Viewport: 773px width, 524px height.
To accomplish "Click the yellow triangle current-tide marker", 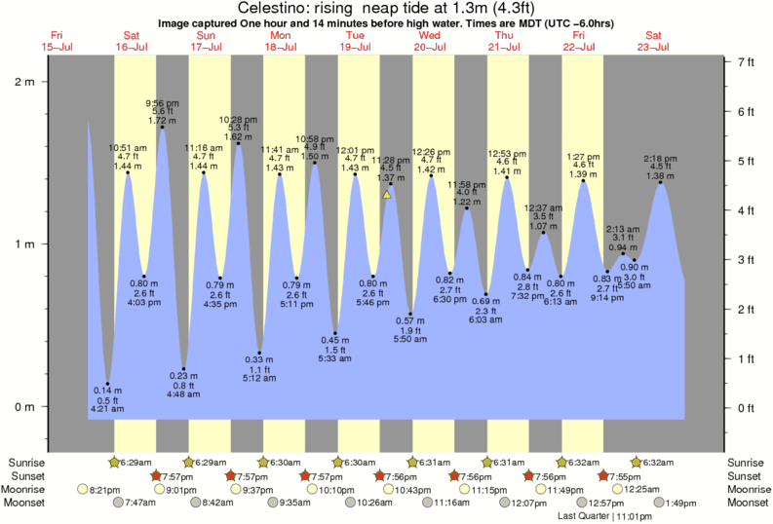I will tap(387, 195).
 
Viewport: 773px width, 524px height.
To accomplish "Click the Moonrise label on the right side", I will tap(748, 489).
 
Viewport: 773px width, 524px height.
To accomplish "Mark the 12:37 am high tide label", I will tap(543, 207).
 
